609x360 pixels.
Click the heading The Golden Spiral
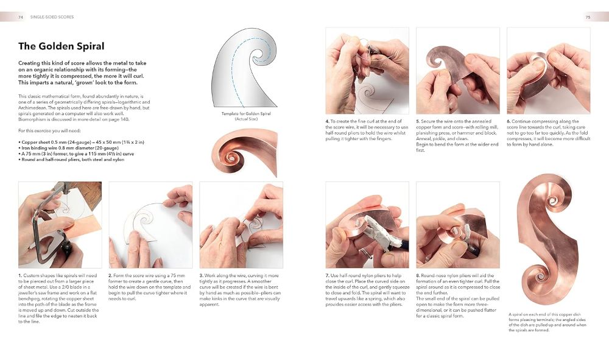61,46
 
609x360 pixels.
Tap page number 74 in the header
21,17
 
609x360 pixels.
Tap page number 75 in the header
588,17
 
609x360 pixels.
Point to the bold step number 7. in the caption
328,276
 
